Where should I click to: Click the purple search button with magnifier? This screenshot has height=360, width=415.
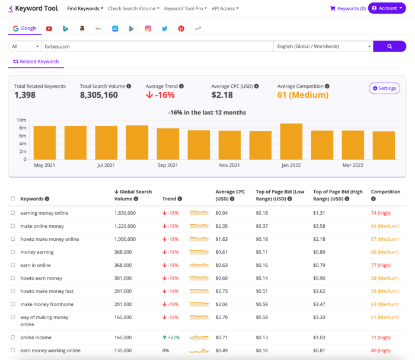pyautogui.click(x=389, y=46)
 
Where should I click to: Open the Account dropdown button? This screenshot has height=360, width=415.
pyautogui.click(x=387, y=8)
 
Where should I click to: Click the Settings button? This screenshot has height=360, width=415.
pyautogui.click(x=384, y=88)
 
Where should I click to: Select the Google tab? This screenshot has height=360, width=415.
pyautogui.click(x=25, y=28)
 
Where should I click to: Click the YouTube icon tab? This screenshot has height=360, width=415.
pyautogui.click(x=49, y=28)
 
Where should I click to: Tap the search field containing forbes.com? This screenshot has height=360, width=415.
pyautogui.click(x=157, y=46)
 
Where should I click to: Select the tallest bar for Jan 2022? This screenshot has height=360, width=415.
pyautogui.click(x=291, y=141)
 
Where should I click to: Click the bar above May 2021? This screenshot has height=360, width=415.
pyautogui.click(x=44, y=142)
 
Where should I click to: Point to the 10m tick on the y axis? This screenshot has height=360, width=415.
pyautogui.click(x=22, y=120)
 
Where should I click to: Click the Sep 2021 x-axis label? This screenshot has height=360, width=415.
pyautogui.click(x=168, y=165)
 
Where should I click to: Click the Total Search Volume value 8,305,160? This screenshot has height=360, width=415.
pyautogui.click(x=99, y=95)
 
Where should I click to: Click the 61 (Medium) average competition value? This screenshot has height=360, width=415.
pyautogui.click(x=302, y=95)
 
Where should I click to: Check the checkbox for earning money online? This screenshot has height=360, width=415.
pyautogui.click(x=13, y=212)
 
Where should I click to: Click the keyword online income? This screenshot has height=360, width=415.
pyautogui.click(x=35, y=337)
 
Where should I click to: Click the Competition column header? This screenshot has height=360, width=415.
pyautogui.click(x=385, y=192)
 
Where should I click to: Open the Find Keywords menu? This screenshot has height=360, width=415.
pyautogui.click(x=85, y=8)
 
